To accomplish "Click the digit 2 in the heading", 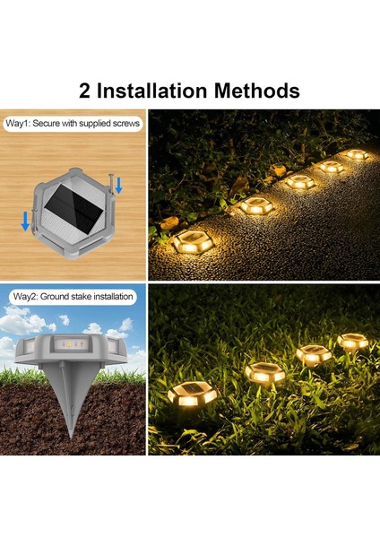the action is [85, 91].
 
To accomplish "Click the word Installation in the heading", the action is [152, 91].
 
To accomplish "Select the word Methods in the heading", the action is [257, 91].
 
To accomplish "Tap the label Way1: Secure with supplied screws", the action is [73, 123].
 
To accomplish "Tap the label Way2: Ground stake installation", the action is [73, 297].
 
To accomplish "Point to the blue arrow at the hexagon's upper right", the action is [118, 186].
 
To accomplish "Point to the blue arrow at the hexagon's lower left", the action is [25, 221].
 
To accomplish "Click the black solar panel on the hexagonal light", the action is [73, 205].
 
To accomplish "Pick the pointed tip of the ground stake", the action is [72, 438].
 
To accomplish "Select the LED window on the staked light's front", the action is [71, 343].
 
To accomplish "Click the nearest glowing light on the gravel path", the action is [191, 241].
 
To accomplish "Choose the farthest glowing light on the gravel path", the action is [358, 154].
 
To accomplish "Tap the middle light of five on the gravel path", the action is [300, 181].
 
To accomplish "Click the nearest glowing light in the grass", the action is [193, 394].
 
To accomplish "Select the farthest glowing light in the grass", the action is [352, 341].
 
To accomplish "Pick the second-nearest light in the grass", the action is [264, 373].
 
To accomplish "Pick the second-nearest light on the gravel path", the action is [257, 206].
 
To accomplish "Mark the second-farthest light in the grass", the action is [314, 354].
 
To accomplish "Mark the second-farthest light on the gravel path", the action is [332, 167].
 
